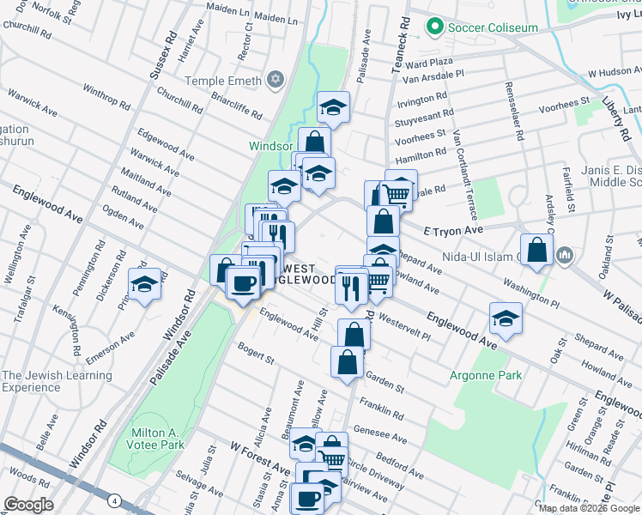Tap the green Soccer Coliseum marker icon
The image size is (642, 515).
435,27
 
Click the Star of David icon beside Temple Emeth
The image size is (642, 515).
275,80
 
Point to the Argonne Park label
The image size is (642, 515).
486,375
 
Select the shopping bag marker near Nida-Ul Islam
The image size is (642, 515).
537,251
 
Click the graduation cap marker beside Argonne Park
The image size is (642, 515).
506,318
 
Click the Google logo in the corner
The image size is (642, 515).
29,505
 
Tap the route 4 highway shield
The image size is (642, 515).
114,500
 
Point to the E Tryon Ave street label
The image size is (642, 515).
455,230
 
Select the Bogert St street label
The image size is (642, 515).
255,353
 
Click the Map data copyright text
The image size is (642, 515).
588,508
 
